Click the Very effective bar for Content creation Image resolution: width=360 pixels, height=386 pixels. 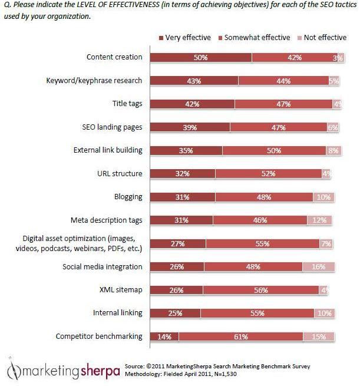200,58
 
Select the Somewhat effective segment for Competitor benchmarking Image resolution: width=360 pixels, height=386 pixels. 241,336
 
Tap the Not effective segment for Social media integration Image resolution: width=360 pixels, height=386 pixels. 318,267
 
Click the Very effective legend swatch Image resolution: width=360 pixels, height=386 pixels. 162,38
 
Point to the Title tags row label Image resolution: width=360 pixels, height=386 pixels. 127,104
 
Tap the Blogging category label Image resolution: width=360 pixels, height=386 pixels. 128,197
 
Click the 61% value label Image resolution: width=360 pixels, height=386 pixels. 241,336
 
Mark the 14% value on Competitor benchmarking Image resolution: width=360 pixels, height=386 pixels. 164,336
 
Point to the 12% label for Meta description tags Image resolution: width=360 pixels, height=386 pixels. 320,220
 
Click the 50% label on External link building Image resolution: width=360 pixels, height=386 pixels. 273,150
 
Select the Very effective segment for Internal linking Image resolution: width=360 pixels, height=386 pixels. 174,314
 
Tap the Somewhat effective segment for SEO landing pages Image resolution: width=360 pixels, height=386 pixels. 278,127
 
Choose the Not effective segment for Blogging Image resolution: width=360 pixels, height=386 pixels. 323,197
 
